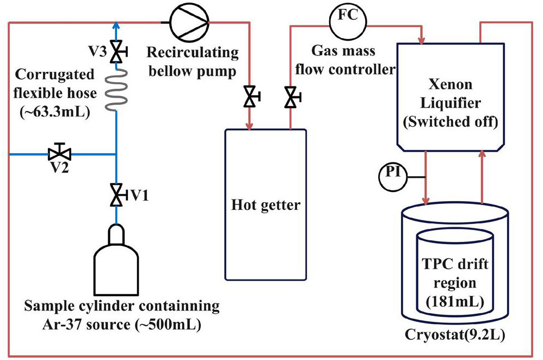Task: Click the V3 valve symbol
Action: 116,52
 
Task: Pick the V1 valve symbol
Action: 116,194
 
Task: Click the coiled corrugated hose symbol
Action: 116,90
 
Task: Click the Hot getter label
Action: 266,206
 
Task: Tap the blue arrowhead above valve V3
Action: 116,24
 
